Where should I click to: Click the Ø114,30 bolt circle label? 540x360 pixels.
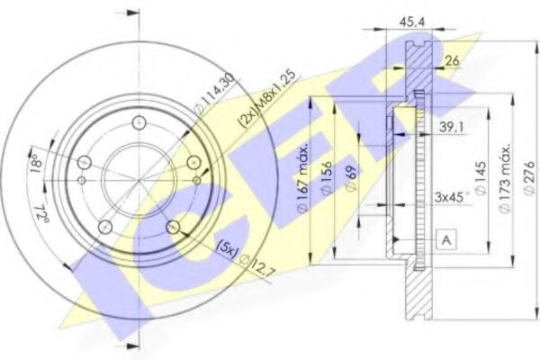[204, 94]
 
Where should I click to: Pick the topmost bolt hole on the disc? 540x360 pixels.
[138, 123]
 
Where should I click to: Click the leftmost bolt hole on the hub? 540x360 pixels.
[84, 163]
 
